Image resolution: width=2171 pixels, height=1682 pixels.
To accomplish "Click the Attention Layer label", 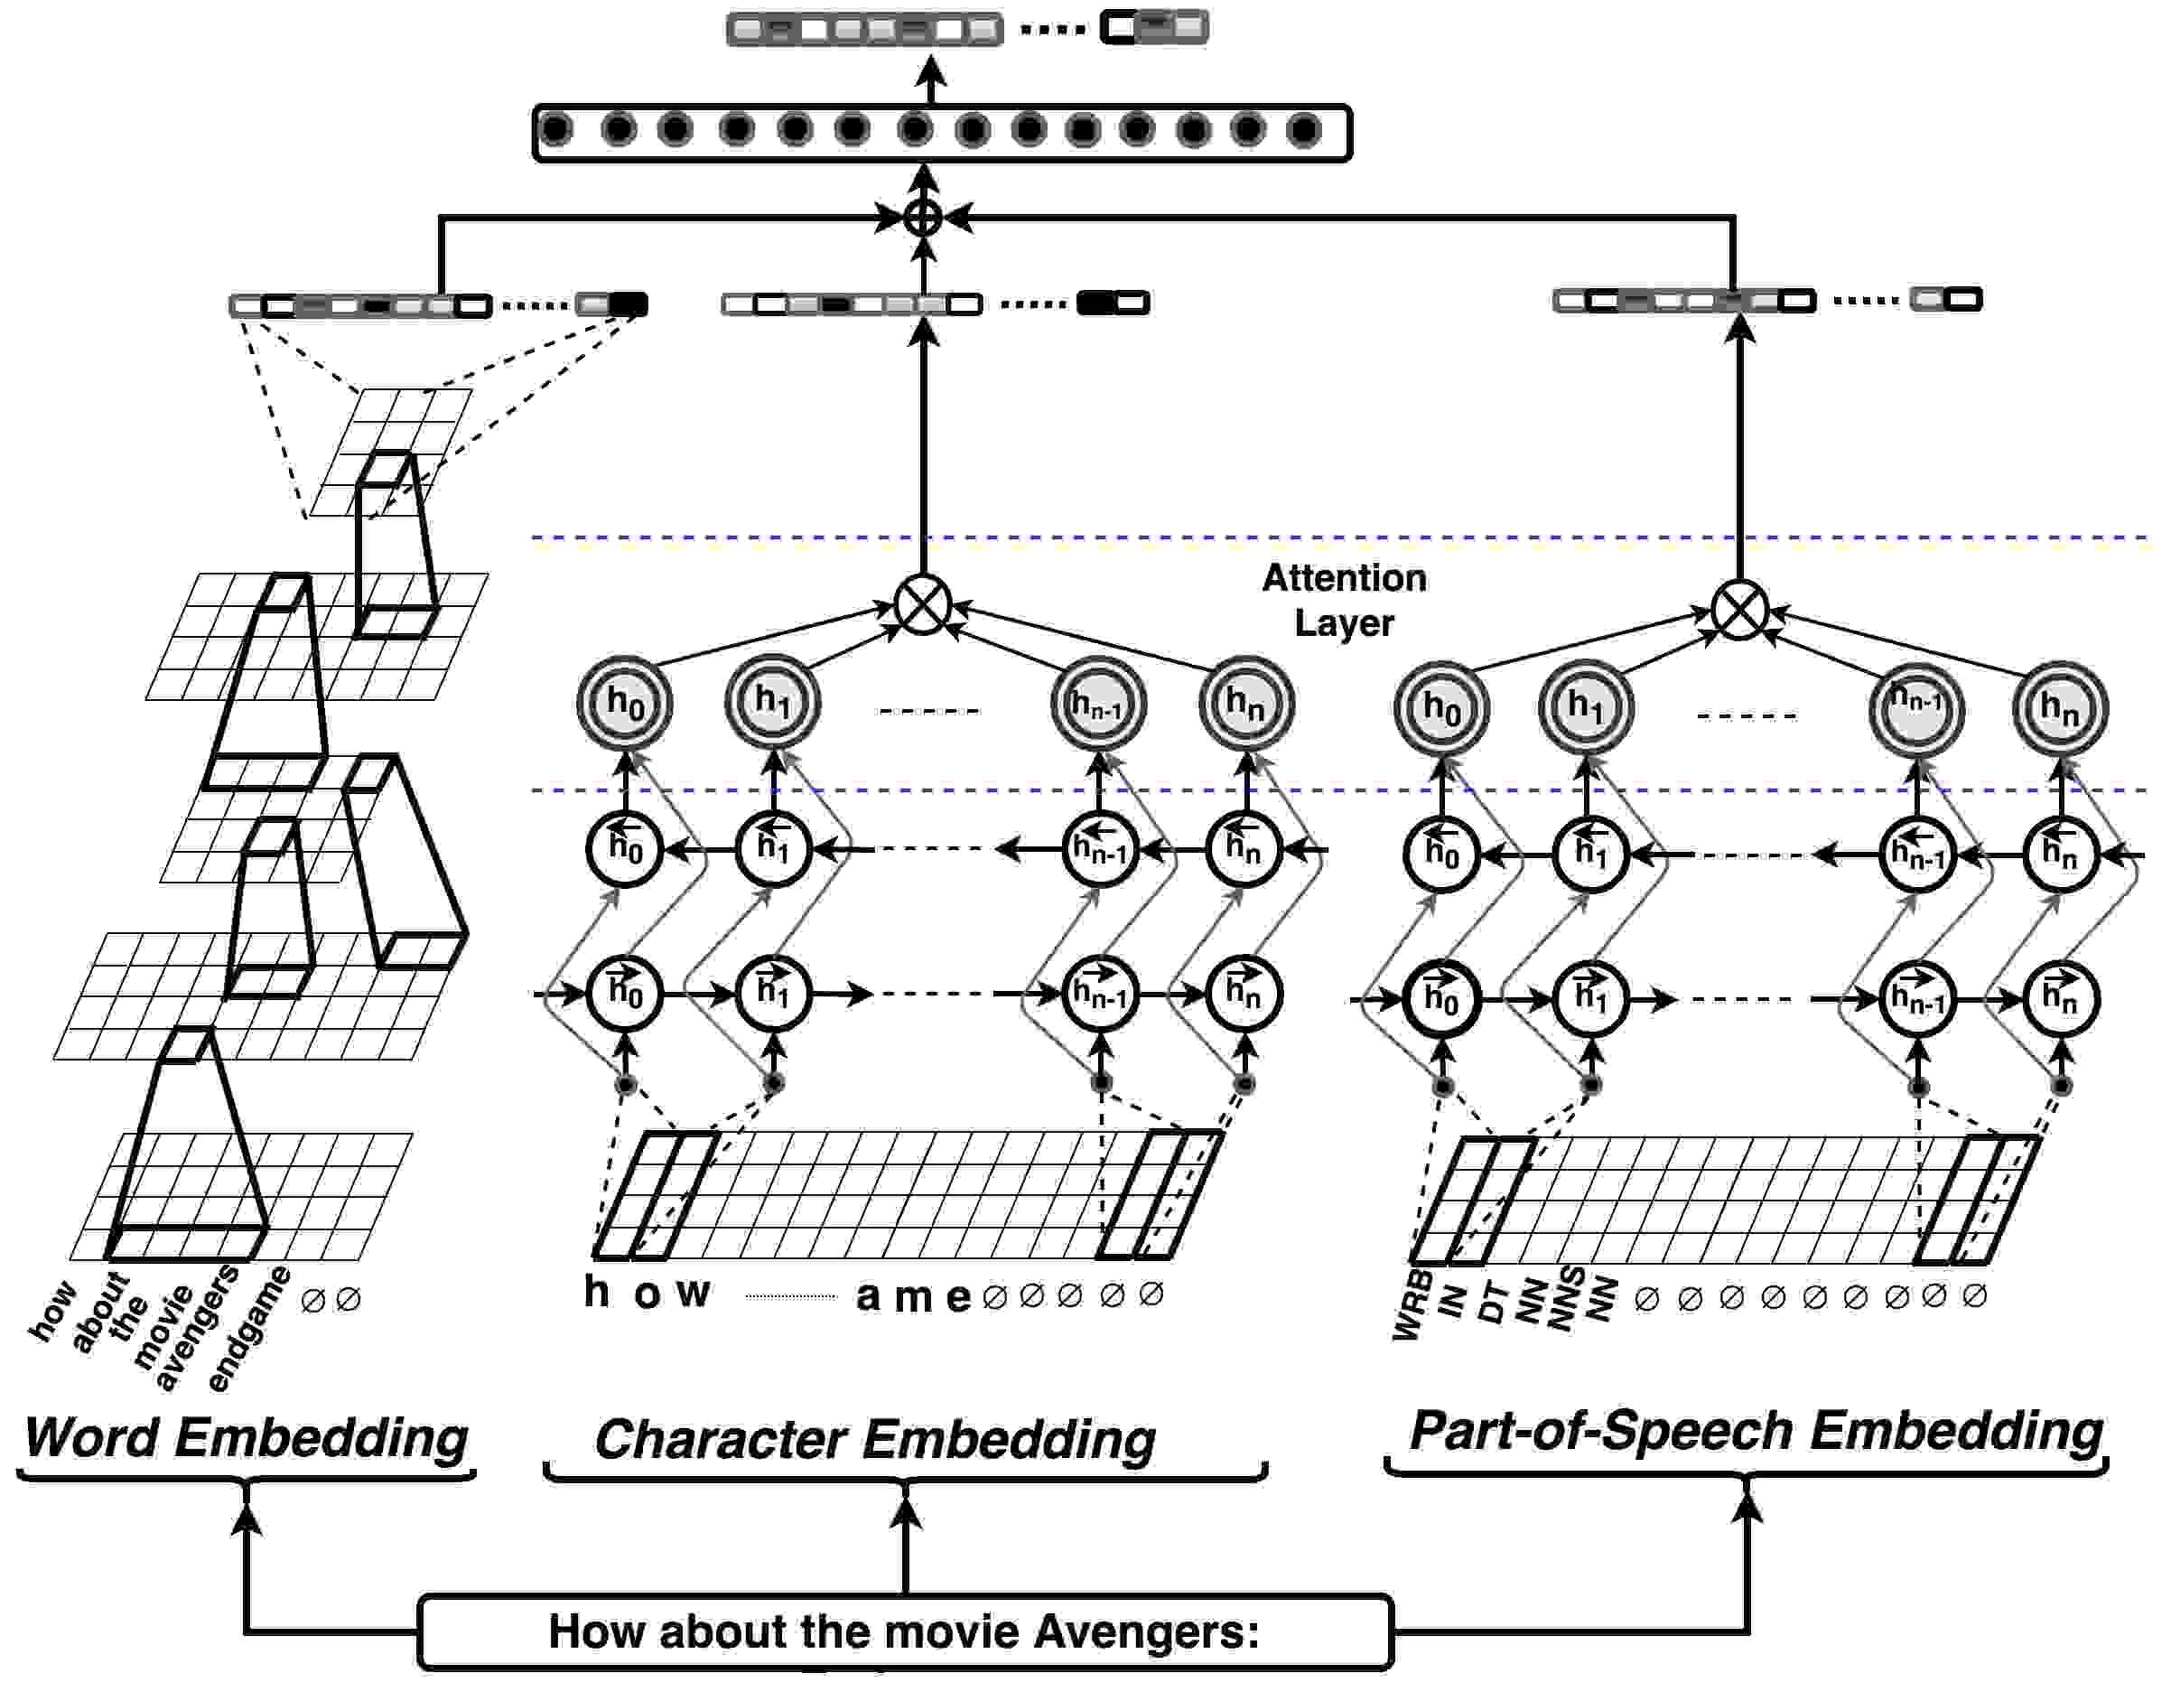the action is (x=1344, y=600).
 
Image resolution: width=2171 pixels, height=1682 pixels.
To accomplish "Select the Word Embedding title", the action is (x=246, y=1437).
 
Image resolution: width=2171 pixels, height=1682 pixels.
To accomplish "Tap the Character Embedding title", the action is (x=875, y=1439).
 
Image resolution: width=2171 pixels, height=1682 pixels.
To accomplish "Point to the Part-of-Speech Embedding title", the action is (x=1756, y=1433).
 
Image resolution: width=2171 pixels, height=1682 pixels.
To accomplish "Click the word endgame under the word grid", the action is (x=249, y=1328).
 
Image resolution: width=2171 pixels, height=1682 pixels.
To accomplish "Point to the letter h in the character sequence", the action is (x=596, y=1292).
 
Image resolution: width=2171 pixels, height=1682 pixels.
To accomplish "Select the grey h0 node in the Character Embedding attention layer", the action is (x=625, y=704).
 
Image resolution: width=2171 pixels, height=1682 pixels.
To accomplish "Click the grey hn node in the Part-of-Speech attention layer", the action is (x=2060, y=709).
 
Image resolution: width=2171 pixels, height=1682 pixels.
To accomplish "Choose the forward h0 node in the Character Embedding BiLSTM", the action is (x=625, y=993).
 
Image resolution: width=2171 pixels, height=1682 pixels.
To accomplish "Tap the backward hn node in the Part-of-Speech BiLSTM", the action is (x=2060, y=853).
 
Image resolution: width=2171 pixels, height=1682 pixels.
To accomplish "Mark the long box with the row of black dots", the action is (x=942, y=132).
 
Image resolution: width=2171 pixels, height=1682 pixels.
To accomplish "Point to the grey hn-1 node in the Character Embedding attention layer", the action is (x=1098, y=704).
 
